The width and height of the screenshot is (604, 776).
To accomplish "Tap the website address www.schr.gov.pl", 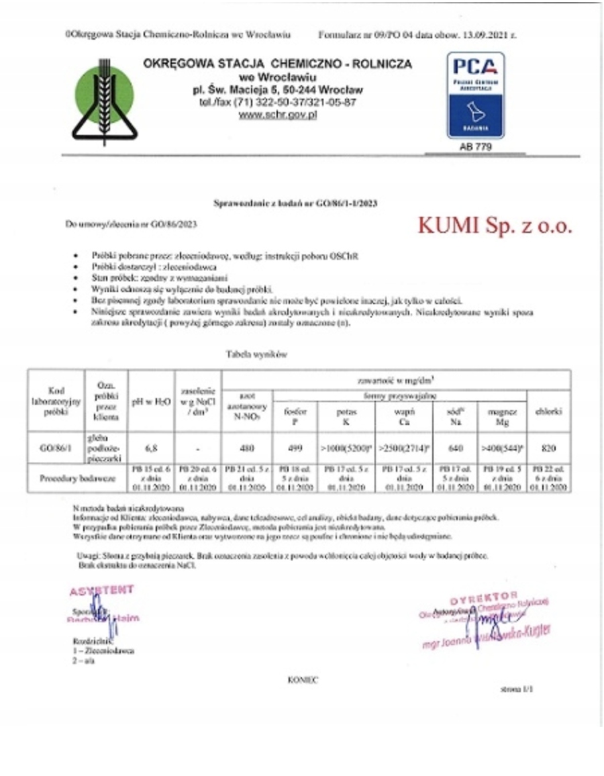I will [277, 115].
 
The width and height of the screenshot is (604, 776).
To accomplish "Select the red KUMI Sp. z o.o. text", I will [495, 226].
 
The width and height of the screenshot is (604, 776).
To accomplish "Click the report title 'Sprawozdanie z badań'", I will [299, 203].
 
